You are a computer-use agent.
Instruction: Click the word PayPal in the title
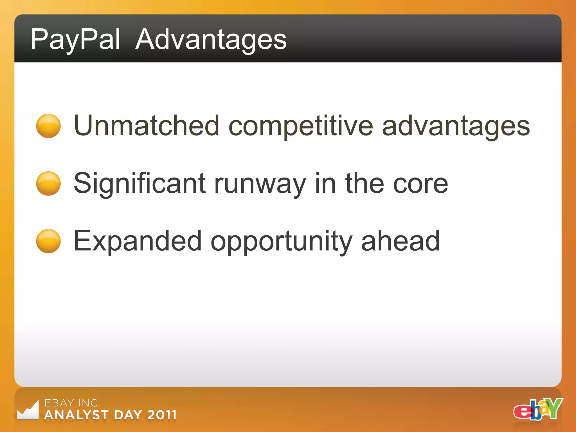coord(75,40)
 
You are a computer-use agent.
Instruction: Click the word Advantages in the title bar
coord(211,40)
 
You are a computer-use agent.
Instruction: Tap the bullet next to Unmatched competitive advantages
coord(48,126)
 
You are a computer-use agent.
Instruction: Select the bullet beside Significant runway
coord(48,183)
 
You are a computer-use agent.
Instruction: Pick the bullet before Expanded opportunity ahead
coord(48,241)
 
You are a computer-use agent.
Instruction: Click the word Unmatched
coord(146,126)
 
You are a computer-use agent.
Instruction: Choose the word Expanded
coord(138,241)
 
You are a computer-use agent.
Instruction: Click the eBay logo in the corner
coord(538,409)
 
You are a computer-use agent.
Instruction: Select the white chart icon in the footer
coord(28,411)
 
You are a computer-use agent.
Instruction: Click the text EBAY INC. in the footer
coord(72,403)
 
